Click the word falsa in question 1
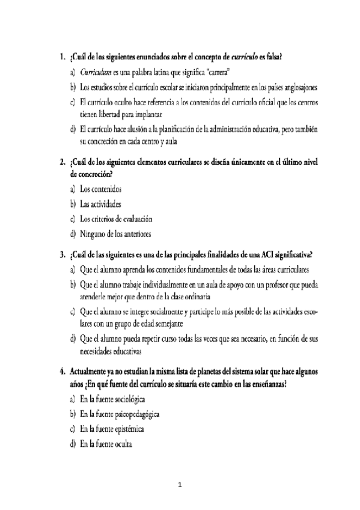point(272,58)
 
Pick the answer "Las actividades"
point(100,204)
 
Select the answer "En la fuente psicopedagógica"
point(120,416)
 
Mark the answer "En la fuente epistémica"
point(112,430)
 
